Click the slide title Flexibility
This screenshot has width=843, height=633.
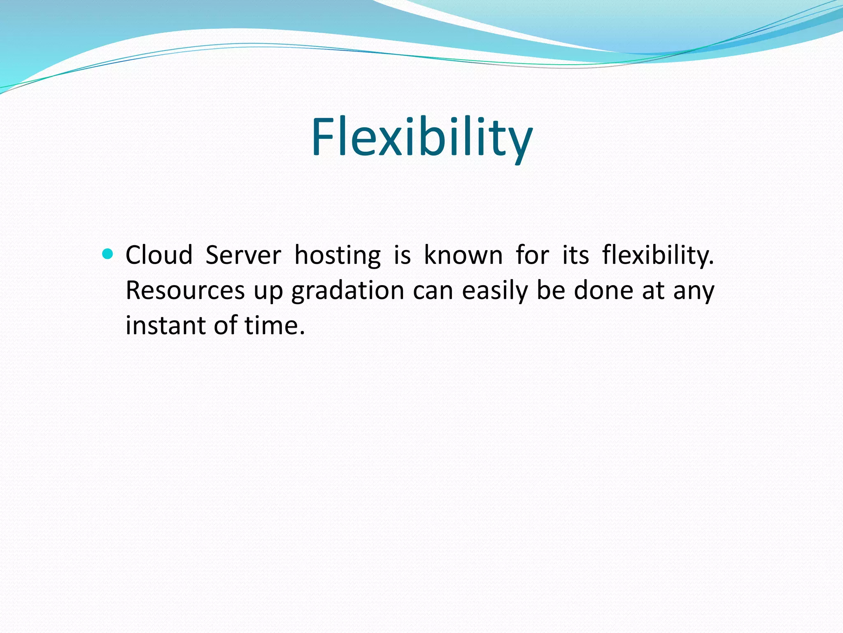421,137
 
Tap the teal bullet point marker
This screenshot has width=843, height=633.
107,254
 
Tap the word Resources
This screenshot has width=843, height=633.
185,290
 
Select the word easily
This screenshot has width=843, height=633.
495,291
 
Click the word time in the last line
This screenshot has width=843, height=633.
274,325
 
